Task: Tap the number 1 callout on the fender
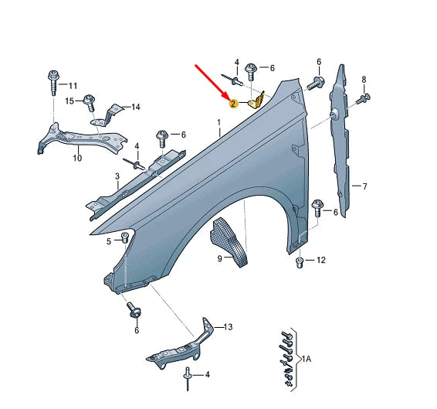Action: coord(218,123)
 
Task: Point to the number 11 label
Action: coord(73,85)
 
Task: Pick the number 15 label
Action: coord(69,101)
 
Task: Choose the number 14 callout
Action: coord(137,107)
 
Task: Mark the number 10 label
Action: coord(76,159)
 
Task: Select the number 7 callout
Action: coord(365,186)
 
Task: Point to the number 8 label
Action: coord(364,80)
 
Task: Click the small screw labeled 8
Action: coord(364,97)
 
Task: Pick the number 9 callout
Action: coord(219,257)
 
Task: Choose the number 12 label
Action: coord(321,260)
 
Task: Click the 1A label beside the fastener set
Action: coord(307,359)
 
